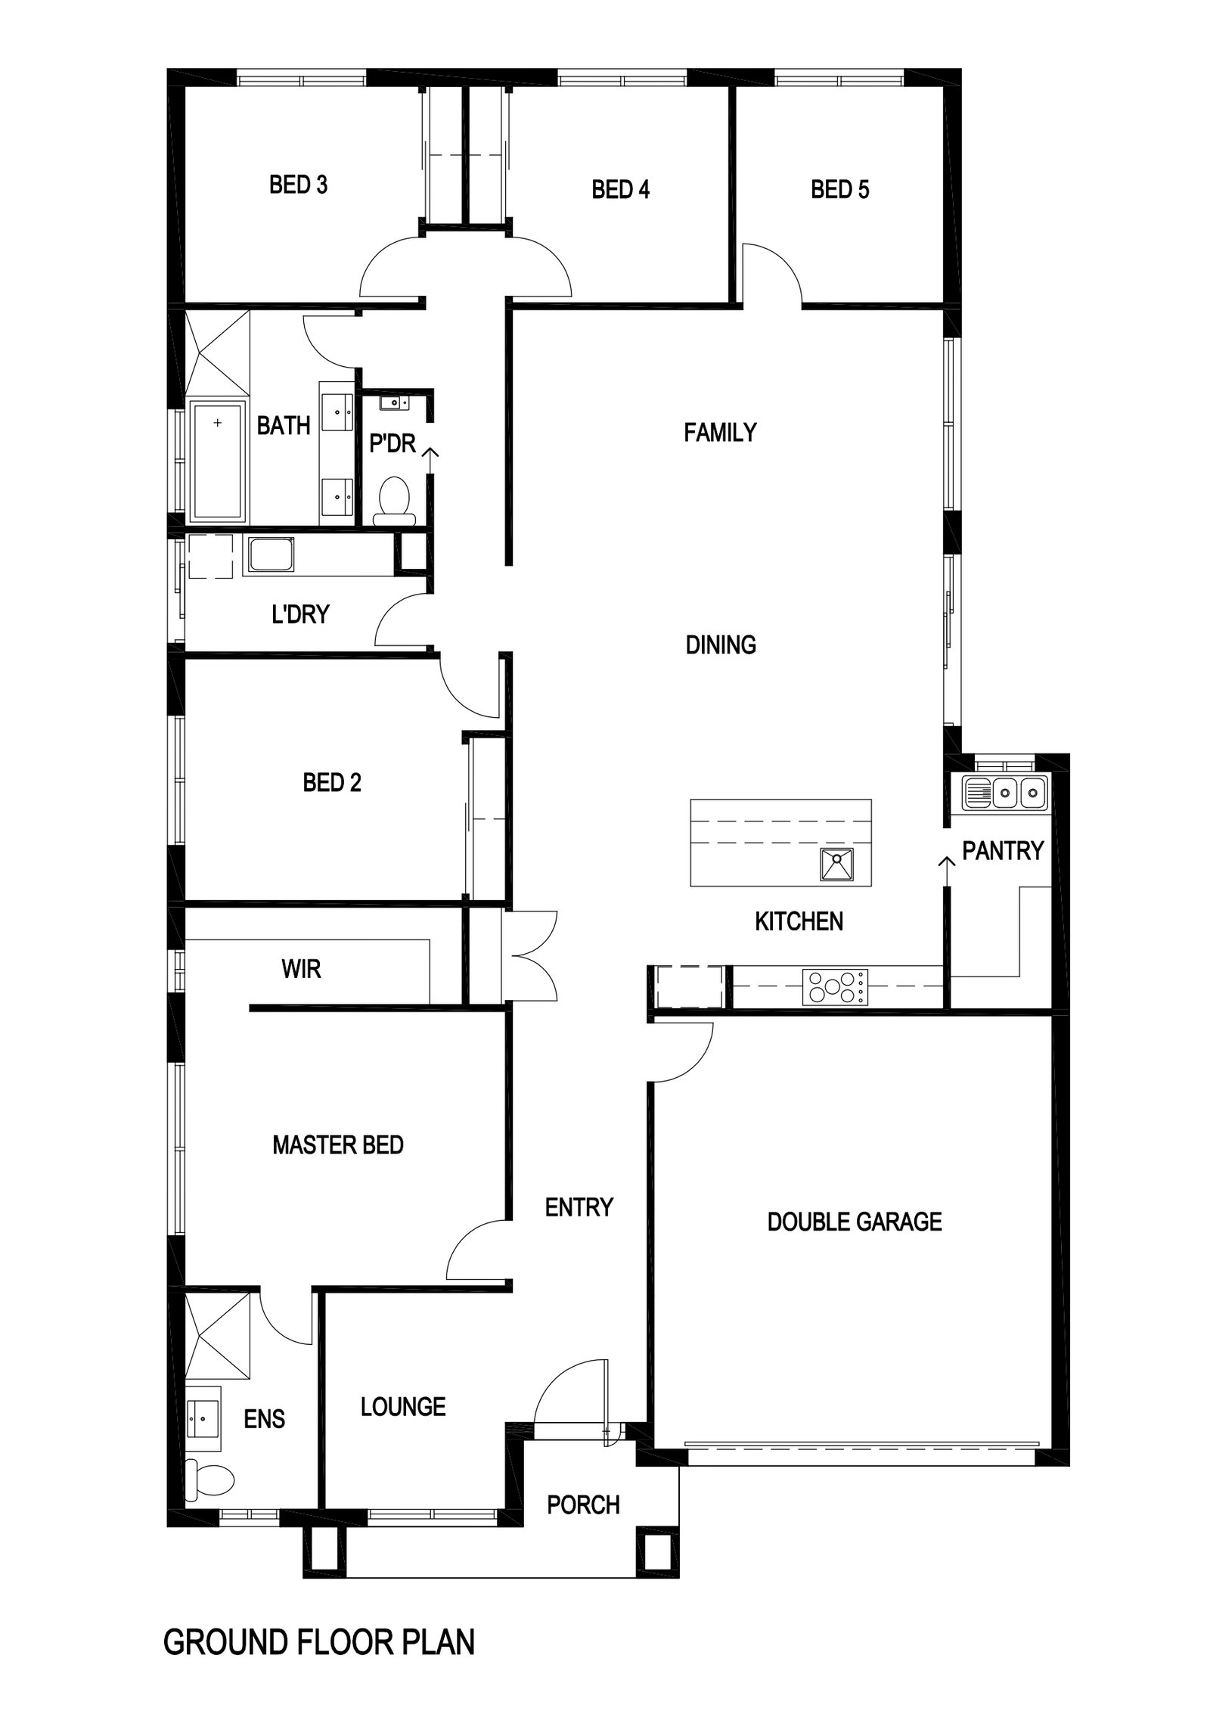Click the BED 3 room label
tap(299, 185)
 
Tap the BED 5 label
tap(840, 189)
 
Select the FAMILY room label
tap(720, 432)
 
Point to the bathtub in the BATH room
tap(219, 462)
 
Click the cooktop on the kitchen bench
tap(836, 987)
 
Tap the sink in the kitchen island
tap(837, 865)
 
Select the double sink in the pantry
tap(1005, 793)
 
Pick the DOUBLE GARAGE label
tap(855, 1222)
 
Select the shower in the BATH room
tap(217, 352)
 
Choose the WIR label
tap(301, 969)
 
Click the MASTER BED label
tap(337, 1145)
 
